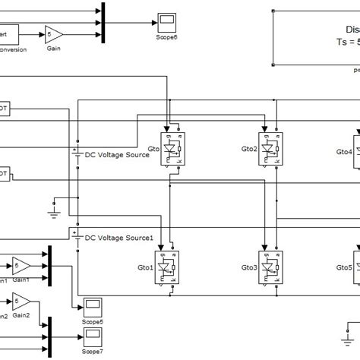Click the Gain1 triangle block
point(22,265)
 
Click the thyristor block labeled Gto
point(173,147)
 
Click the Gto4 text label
point(343,151)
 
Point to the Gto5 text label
point(343,267)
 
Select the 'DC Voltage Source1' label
point(119,238)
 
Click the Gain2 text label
point(21,314)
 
